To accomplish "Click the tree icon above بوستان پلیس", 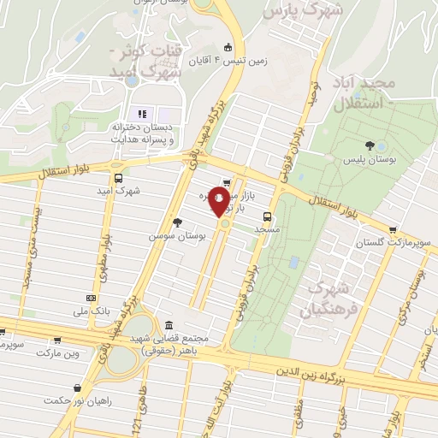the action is click(369, 145).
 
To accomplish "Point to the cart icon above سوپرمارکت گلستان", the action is click(393, 230).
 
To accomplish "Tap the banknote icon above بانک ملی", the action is click(92, 297).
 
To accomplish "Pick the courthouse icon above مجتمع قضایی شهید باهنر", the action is click(168, 326).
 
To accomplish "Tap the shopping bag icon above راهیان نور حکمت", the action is click(78, 387).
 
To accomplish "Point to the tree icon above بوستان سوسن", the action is click(177, 222).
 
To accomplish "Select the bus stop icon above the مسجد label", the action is click(268, 216).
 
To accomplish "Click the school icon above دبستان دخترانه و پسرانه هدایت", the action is click(142, 115).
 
